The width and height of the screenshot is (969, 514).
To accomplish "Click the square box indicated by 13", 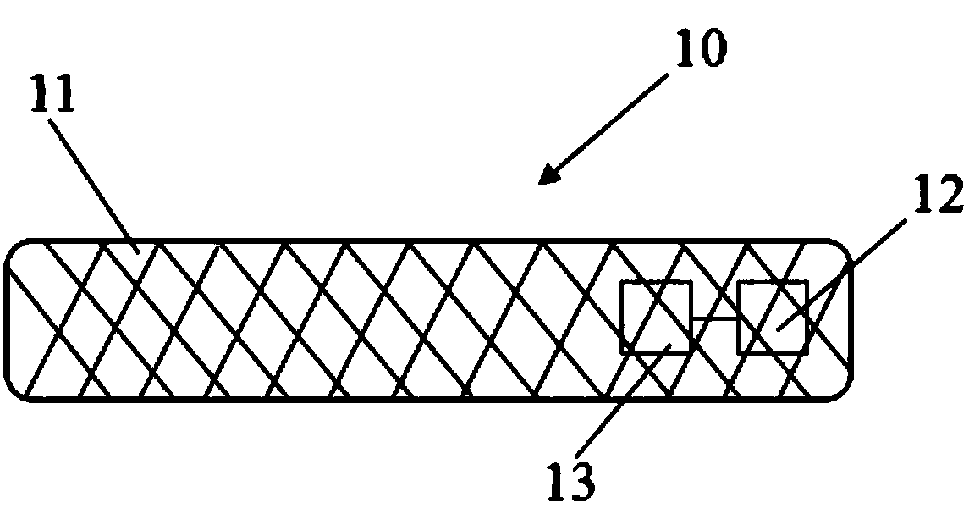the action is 656,318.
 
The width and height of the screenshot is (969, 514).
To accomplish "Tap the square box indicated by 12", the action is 773,318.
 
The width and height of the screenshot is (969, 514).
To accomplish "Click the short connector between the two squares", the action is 714,318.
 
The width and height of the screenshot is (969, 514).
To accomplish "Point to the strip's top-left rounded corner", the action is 14,250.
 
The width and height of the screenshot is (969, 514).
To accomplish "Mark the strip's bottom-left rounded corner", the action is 14,390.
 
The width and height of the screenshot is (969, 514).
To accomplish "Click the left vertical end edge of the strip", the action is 6,319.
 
